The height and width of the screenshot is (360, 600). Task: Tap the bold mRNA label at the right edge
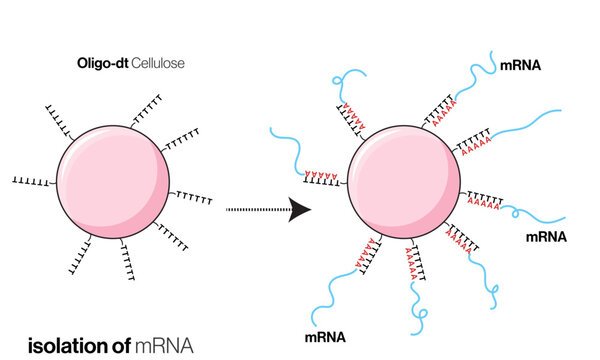point(546,237)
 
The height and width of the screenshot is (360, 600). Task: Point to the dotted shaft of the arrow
point(255,210)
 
